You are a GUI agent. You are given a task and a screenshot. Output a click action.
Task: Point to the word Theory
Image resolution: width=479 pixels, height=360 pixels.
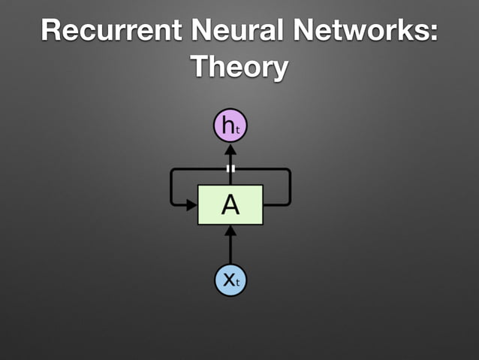pos(239,66)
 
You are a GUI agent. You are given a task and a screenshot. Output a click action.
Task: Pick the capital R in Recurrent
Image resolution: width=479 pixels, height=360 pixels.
pos(52,32)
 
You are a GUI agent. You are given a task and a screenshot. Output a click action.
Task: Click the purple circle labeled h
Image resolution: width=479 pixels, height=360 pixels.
pos(230,126)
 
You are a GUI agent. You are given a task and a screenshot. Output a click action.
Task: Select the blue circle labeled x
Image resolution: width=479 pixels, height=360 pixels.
pos(230,280)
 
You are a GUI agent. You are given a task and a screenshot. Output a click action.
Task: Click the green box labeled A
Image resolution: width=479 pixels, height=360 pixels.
pos(230,204)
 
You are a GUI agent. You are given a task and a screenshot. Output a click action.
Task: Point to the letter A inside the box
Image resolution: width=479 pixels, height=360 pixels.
pos(230,204)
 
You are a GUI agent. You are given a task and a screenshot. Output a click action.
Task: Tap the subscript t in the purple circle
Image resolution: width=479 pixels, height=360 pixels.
pos(238,129)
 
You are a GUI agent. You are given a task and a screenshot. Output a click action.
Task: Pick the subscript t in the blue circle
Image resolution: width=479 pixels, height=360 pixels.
pos(238,284)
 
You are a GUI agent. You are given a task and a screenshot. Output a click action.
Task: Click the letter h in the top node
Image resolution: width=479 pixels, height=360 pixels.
pos(227,125)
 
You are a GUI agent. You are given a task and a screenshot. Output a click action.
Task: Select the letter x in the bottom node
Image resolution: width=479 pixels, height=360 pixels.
pos(227,280)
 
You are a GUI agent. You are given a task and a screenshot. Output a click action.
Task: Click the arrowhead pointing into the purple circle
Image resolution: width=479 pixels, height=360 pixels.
pos(230,147)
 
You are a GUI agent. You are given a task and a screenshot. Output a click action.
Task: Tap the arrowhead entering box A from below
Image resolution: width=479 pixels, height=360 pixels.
pos(230,231)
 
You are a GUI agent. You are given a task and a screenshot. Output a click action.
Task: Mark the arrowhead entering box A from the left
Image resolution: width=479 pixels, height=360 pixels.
pos(192,204)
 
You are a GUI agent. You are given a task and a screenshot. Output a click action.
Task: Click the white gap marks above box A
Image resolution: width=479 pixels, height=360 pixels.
pos(230,168)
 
